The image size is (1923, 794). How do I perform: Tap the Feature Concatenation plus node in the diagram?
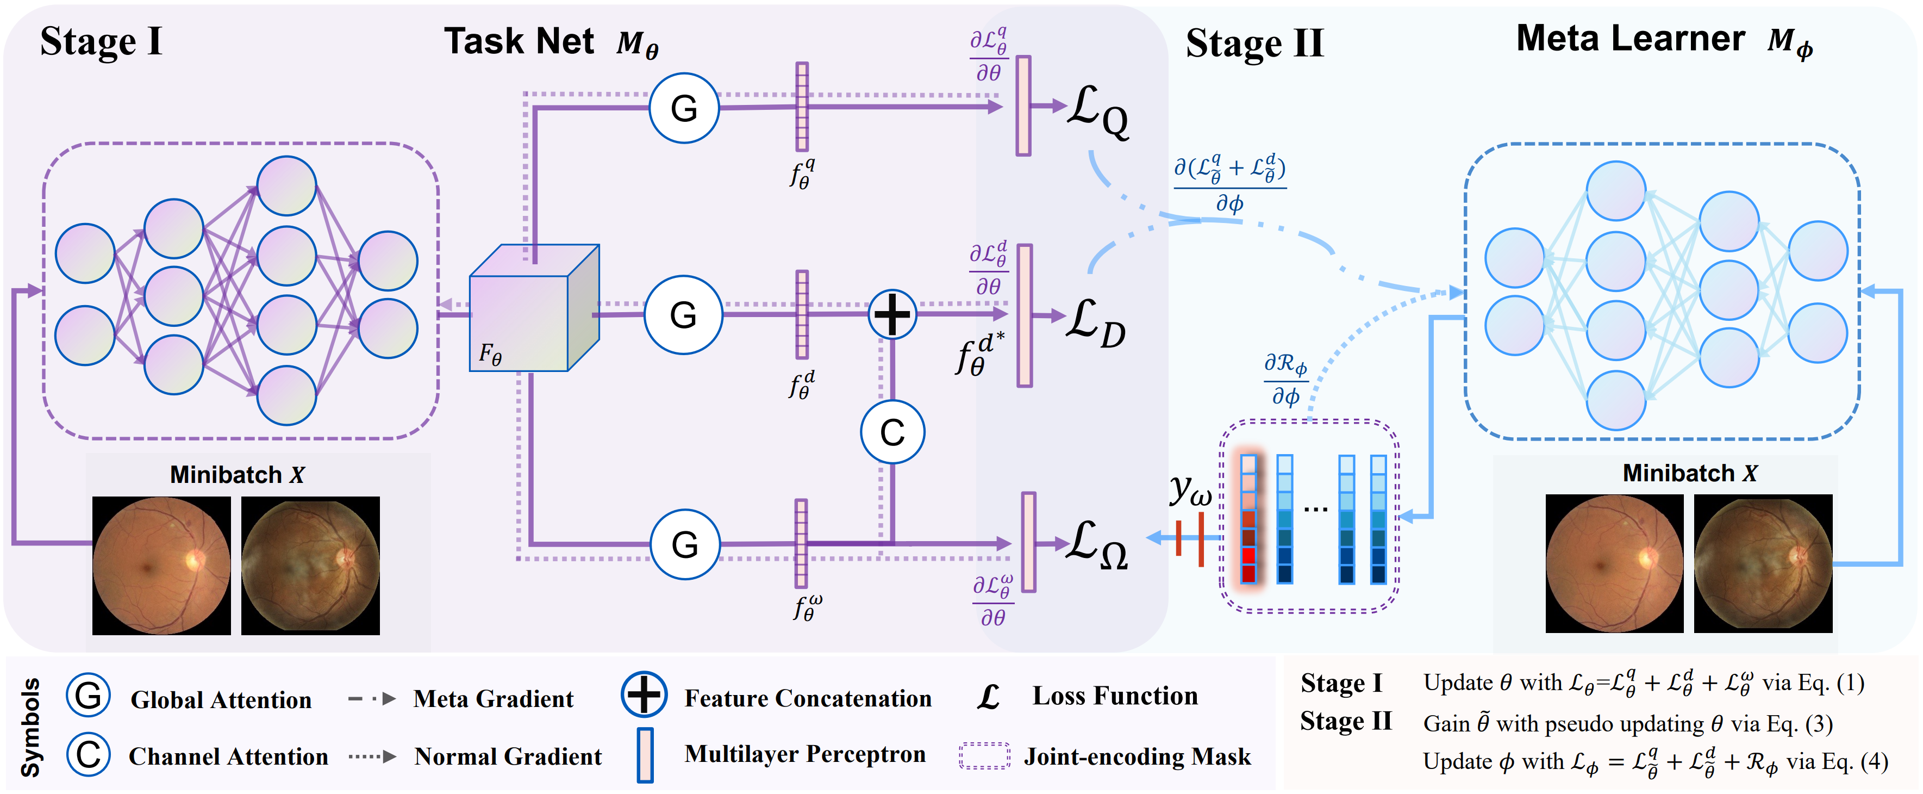(892, 314)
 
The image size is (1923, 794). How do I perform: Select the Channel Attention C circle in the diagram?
(892, 432)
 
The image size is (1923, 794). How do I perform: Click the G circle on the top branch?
(684, 108)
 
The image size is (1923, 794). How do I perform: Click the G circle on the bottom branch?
(684, 544)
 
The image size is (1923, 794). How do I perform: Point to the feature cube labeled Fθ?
(534, 310)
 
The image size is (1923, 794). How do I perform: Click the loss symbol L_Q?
(1097, 112)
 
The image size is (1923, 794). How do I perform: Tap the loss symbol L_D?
(1096, 322)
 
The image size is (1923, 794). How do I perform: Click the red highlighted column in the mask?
(1248, 519)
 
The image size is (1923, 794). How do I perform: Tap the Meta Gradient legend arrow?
(372, 699)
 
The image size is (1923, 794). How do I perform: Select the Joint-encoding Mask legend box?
(985, 756)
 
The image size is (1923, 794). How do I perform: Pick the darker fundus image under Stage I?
(310, 566)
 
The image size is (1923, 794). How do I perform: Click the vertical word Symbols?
(30, 727)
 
